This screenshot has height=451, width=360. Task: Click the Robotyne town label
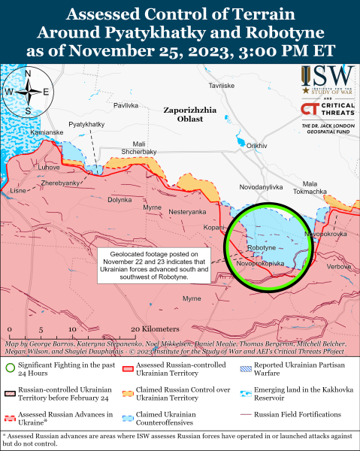[262, 247]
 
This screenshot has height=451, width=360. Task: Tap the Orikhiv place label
[257, 145]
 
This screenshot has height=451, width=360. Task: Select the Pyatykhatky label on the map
[86, 123]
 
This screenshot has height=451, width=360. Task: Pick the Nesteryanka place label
[187, 212]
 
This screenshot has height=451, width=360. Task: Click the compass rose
[28, 92]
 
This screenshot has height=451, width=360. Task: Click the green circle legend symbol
[9, 368]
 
